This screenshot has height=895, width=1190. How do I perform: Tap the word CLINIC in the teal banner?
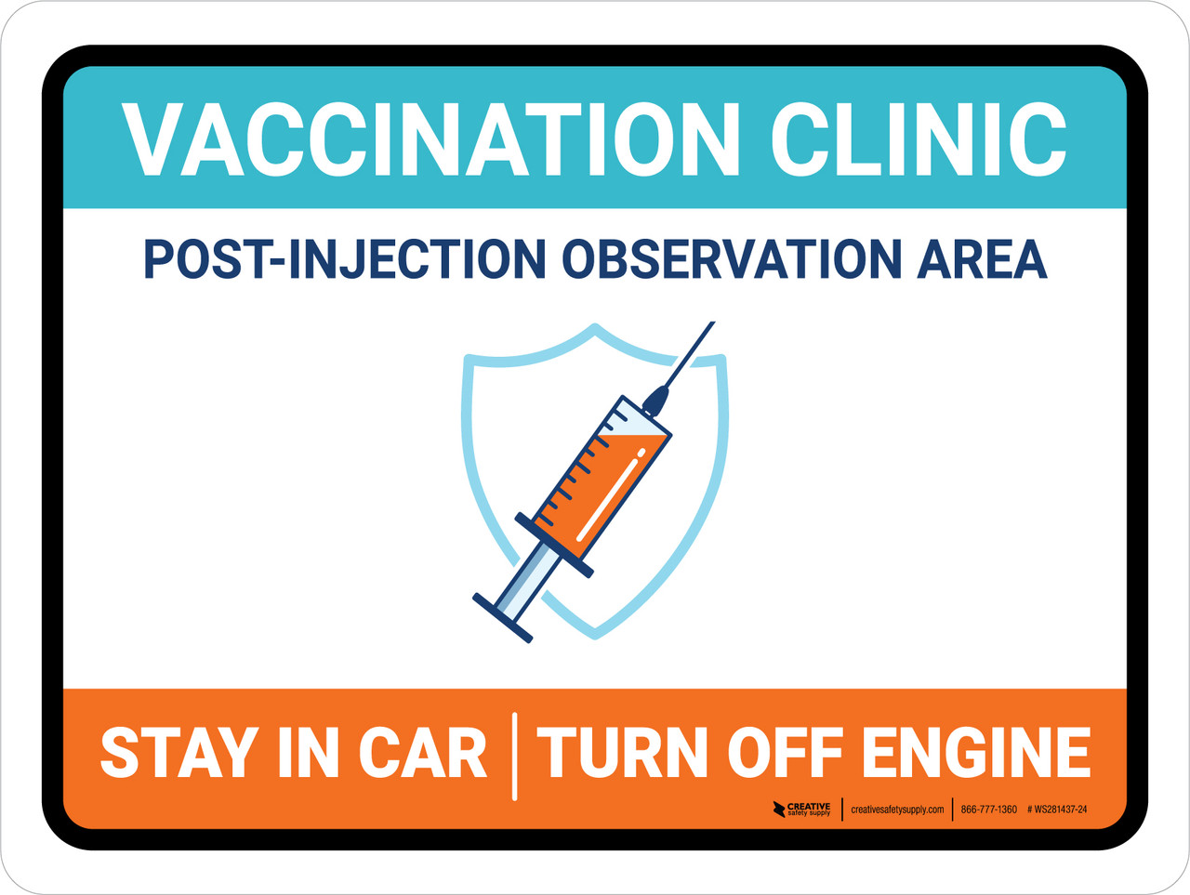[918, 139]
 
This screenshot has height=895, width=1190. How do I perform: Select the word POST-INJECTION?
[344, 259]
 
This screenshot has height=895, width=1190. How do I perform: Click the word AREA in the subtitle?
[982, 259]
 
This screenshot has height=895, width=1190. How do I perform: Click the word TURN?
[623, 753]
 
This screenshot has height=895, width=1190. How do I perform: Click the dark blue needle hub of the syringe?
[655, 400]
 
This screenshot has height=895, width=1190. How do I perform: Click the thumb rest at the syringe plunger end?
[502, 617]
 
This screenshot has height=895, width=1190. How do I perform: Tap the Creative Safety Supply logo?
[801, 809]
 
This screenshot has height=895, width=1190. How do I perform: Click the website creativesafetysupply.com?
[897, 809]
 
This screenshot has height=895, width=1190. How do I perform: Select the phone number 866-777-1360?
[988, 809]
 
